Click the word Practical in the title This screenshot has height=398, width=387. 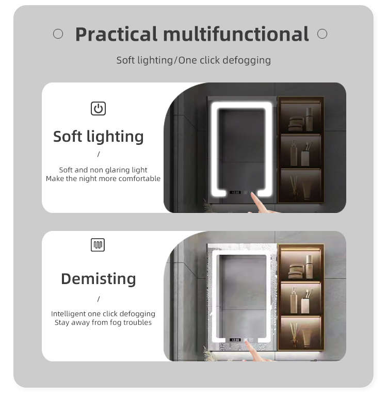click(x=117, y=34)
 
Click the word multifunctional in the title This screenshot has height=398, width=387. click(x=236, y=34)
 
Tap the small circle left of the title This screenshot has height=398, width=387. click(x=58, y=34)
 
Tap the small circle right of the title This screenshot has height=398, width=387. click(x=322, y=34)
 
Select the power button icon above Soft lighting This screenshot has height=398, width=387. click(x=98, y=108)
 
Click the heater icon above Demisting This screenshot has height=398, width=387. click(x=98, y=245)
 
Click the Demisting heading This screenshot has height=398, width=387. click(x=99, y=279)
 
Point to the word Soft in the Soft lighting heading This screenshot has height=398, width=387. click(x=68, y=136)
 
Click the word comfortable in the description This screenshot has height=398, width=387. click(x=139, y=178)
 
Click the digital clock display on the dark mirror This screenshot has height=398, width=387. click(x=235, y=192)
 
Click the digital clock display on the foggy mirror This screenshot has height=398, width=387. click(x=235, y=340)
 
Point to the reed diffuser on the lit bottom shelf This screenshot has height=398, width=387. click(x=295, y=334)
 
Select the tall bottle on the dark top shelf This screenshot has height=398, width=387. click(x=309, y=119)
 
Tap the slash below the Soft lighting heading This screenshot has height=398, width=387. click(x=99, y=154)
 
